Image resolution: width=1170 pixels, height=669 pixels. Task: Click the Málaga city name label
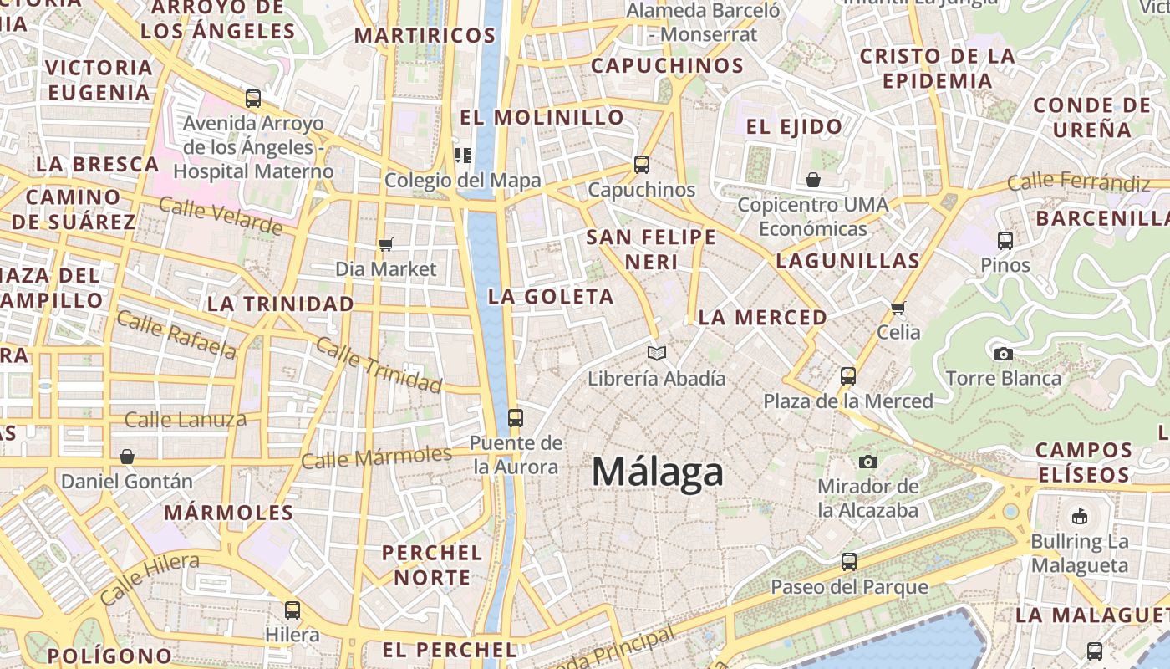(x=657, y=472)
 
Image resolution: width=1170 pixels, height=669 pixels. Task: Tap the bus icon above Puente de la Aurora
(x=516, y=417)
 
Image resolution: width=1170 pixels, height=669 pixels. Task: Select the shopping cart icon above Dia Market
(x=385, y=244)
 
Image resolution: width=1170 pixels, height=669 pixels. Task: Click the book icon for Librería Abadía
(x=657, y=354)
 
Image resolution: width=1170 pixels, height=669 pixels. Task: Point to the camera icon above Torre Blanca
(x=1004, y=354)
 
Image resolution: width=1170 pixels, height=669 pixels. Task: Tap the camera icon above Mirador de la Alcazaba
(x=868, y=462)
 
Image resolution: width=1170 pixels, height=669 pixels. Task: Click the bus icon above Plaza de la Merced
(x=848, y=376)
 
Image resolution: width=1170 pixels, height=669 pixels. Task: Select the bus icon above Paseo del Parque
(x=849, y=561)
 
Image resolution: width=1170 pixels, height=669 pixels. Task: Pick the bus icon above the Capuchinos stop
(x=642, y=165)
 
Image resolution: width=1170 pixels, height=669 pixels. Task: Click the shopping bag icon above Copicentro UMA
(x=813, y=180)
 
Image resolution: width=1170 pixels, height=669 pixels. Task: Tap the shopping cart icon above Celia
(x=898, y=308)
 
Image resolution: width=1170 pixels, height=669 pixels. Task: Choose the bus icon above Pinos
(x=1005, y=241)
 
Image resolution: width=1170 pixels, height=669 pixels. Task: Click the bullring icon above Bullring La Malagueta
(x=1079, y=516)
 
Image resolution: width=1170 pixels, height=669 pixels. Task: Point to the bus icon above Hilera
(x=292, y=610)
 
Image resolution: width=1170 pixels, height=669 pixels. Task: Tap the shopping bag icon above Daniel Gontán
(x=127, y=457)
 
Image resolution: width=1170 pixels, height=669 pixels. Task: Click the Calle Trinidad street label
(x=379, y=366)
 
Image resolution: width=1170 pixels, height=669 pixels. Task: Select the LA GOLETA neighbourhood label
(x=551, y=297)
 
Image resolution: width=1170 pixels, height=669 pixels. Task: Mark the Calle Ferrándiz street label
(x=1078, y=181)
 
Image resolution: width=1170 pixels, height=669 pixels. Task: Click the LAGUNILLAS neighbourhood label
(x=847, y=261)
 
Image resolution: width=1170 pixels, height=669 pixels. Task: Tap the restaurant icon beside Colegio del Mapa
(x=462, y=155)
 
